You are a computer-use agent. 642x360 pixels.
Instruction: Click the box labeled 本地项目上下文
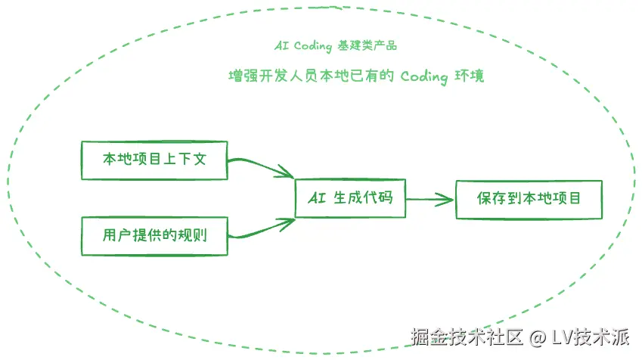point(154,160)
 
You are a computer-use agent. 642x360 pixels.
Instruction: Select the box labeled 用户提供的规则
point(154,235)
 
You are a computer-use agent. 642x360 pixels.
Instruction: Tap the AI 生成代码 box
point(349,199)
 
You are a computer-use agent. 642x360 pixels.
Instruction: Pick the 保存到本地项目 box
point(529,200)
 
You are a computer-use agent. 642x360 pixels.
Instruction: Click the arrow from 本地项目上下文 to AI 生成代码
point(260,166)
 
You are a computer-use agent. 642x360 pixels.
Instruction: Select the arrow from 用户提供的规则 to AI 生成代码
point(260,228)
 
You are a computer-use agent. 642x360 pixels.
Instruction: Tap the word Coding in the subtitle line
point(423,76)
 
